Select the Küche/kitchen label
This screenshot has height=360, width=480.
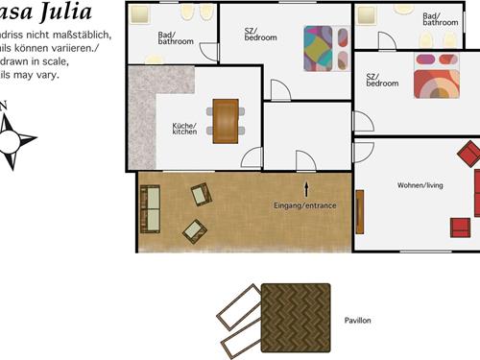point(184,129)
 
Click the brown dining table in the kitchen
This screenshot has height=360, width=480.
point(226,120)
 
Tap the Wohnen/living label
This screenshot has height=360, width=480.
point(419,185)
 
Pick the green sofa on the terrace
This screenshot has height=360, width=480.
point(151,209)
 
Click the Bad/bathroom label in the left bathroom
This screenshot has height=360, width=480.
point(176,39)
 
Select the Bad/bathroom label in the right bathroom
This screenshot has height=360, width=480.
point(441,19)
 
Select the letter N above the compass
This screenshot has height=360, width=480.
point(3,105)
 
